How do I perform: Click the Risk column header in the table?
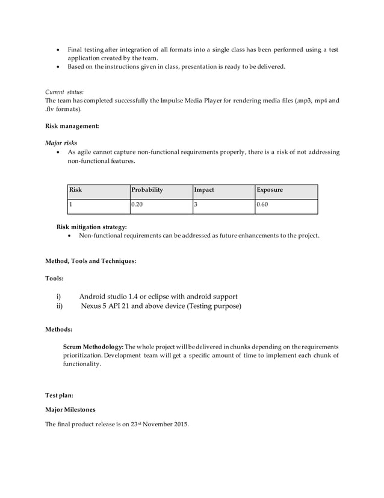coord(76,190)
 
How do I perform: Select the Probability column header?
coord(147,190)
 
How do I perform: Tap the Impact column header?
coord(204,190)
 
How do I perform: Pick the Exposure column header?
coord(270,190)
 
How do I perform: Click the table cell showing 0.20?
coord(138,205)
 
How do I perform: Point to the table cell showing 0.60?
coord(262,205)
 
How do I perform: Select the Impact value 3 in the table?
coord(196,205)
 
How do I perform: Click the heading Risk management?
coord(72,126)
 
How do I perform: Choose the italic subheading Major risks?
coord(61,143)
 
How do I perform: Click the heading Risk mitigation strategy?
coord(91,227)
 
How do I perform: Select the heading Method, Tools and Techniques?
coord(90,261)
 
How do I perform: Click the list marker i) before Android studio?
coord(59,296)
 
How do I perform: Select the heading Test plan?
coord(60,396)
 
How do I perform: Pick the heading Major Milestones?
coord(70,410)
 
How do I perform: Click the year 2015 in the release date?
coord(179,424)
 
